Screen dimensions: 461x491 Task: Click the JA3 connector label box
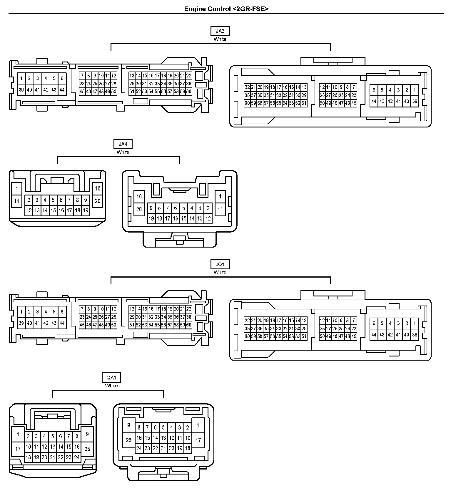[220, 31]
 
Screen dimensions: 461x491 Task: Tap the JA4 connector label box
[123, 144]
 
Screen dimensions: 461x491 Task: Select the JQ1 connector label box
[220, 264]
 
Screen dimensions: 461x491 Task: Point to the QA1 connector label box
[111, 377]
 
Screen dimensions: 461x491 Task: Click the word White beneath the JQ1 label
[220, 272]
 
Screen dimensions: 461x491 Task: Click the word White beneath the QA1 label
[111, 386]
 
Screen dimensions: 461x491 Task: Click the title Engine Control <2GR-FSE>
[226, 9]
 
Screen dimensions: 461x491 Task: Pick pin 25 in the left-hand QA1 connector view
[87, 449]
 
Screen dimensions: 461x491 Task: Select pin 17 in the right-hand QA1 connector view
[198, 440]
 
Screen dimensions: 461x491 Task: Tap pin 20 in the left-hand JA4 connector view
[98, 201]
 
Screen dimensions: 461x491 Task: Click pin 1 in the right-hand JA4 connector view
[220, 196]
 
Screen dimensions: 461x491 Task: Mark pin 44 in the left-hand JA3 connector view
[62, 90]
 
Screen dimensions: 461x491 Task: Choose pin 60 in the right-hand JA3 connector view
[247, 103]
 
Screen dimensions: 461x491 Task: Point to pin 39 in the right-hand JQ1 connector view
[415, 334]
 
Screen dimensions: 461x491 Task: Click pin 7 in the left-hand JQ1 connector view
[82, 309]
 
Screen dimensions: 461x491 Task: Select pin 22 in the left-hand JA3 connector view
[189, 76]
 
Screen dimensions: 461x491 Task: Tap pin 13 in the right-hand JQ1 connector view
[304, 320]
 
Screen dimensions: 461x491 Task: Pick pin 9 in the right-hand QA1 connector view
[128, 425]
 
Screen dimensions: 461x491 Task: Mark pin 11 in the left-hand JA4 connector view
[17, 201]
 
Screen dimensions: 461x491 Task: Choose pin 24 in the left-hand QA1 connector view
[77, 457]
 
